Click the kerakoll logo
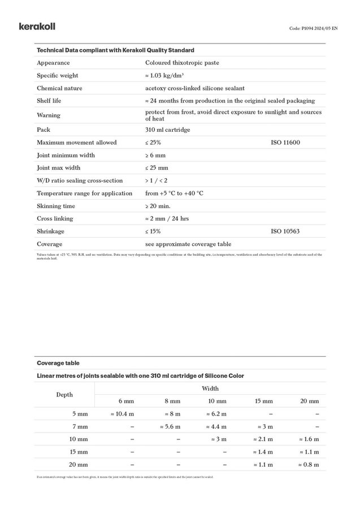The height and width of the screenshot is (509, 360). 37,26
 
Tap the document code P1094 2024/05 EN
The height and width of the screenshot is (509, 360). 313,28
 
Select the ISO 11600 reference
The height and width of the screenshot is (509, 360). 285,143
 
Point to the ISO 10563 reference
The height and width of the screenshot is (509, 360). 285,231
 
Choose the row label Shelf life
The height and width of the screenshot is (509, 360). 49,101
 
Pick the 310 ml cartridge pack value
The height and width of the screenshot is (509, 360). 167,130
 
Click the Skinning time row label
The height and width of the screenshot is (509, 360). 56,206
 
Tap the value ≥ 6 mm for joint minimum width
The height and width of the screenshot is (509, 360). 157,155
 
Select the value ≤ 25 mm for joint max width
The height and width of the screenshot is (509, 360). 157,168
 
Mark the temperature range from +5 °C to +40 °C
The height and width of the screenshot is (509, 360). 174,193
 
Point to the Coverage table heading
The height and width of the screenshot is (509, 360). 58,363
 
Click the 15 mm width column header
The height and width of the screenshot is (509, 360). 263,401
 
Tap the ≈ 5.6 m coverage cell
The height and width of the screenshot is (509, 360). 170,426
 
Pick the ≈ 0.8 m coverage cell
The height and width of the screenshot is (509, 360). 309,465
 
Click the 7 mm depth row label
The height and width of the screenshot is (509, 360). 80,426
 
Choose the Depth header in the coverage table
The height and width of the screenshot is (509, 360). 64,394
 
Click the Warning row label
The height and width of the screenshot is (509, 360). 49,115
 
